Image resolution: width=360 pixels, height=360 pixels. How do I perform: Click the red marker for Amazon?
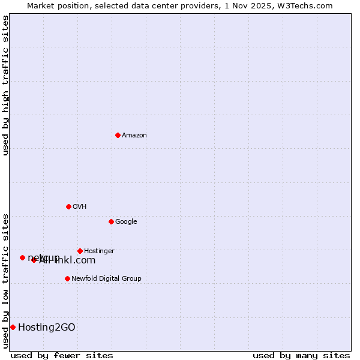click(118, 135)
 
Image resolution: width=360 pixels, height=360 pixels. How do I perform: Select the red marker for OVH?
click(68, 206)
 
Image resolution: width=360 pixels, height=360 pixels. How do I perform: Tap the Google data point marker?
click(111, 221)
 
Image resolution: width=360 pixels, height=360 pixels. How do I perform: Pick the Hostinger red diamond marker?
click(80, 251)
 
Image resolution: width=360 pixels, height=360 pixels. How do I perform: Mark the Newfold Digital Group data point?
click(67, 278)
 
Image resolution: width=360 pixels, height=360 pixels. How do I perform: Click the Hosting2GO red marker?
click(13, 327)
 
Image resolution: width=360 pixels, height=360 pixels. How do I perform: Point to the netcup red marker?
click(22, 257)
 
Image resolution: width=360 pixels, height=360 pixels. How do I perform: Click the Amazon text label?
click(134, 136)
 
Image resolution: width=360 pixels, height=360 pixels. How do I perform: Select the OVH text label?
click(80, 207)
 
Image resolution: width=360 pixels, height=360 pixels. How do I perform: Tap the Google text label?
click(126, 222)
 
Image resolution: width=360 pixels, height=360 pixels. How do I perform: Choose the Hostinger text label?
click(99, 251)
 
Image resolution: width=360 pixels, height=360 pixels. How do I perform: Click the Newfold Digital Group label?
click(106, 279)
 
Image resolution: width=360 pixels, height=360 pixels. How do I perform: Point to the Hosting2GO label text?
click(47, 327)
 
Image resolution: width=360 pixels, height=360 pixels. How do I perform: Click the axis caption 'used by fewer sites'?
click(62, 355)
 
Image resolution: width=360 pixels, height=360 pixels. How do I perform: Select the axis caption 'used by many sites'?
click(301, 355)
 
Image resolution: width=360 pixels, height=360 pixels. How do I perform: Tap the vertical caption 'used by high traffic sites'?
click(5, 85)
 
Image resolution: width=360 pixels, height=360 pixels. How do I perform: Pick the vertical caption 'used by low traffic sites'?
click(5, 280)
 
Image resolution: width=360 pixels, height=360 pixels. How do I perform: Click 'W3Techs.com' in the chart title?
click(308, 5)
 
